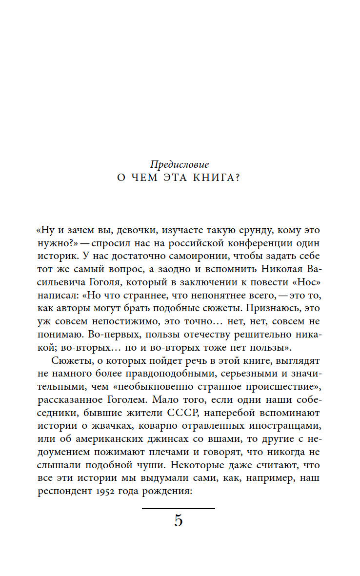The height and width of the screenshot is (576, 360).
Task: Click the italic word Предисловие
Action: pos(180,164)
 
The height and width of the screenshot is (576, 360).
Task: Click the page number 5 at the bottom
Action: pos(179,521)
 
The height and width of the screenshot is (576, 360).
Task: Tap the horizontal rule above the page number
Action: pos(179,509)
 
